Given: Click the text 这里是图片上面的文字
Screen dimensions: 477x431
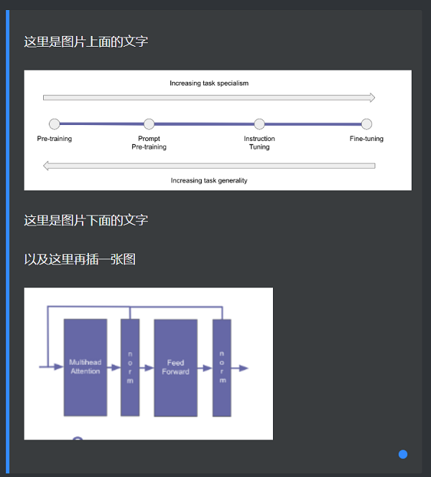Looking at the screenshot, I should (x=86, y=42).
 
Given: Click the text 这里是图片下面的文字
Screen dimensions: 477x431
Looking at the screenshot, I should (x=86, y=220).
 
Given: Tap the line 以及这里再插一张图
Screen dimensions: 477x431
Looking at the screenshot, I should (x=80, y=259).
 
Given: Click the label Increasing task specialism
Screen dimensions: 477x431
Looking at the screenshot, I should (x=209, y=83).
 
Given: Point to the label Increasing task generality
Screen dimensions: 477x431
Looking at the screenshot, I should (x=209, y=180).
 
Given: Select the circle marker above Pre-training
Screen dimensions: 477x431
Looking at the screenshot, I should (x=55, y=124).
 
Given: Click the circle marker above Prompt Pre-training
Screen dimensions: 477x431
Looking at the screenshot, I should (x=149, y=124).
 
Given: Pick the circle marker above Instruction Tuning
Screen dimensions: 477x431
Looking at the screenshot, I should (x=259, y=124).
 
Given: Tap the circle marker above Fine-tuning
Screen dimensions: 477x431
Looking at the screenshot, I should (x=366, y=124).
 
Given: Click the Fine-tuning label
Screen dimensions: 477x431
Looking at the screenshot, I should (x=366, y=139).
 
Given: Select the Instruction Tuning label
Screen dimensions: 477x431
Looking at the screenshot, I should (x=259, y=142).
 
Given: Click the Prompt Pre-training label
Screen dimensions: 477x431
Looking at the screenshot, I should (x=149, y=142).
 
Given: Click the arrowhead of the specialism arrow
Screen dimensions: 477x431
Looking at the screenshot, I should (x=371, y=98).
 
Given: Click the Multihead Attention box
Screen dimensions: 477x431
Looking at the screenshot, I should (x=85, y=367).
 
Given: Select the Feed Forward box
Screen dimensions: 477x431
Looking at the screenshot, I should (x=175, y=367).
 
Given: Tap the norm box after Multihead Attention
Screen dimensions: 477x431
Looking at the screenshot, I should (x=130, y=367).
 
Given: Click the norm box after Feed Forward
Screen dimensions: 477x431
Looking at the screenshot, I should (x=221, y=367).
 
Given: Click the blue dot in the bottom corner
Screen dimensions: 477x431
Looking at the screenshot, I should (x=403, y=454).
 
